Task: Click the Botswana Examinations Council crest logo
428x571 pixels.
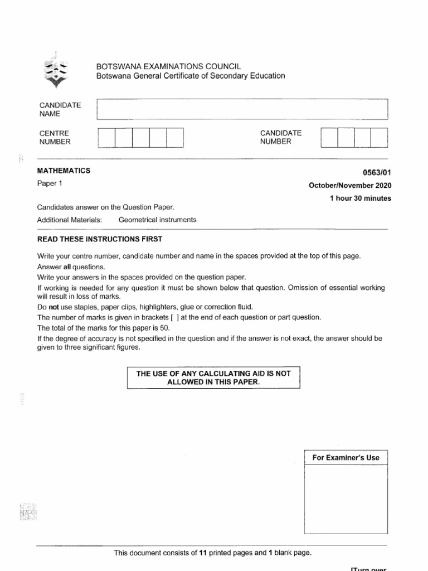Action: (56, 72)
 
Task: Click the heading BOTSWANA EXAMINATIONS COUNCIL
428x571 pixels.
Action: (169, 66)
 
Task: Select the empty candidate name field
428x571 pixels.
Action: (242, 109)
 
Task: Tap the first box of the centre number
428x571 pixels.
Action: (106, 138)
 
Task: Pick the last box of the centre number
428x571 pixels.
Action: (175, 138)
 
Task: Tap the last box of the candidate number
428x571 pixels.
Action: (380, 138)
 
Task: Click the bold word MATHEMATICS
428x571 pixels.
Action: (64, 171)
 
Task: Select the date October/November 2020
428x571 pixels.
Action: (349, 185)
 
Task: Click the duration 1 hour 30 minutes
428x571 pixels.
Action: (361, 199)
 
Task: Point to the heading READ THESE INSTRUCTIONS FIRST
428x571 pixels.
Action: (100, 239)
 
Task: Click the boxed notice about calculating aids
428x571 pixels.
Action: (213, 378)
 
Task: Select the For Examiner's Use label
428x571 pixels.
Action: (346, 458)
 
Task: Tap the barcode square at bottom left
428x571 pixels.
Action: (28, 511)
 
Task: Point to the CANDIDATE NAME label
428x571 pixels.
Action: (60, 109)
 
